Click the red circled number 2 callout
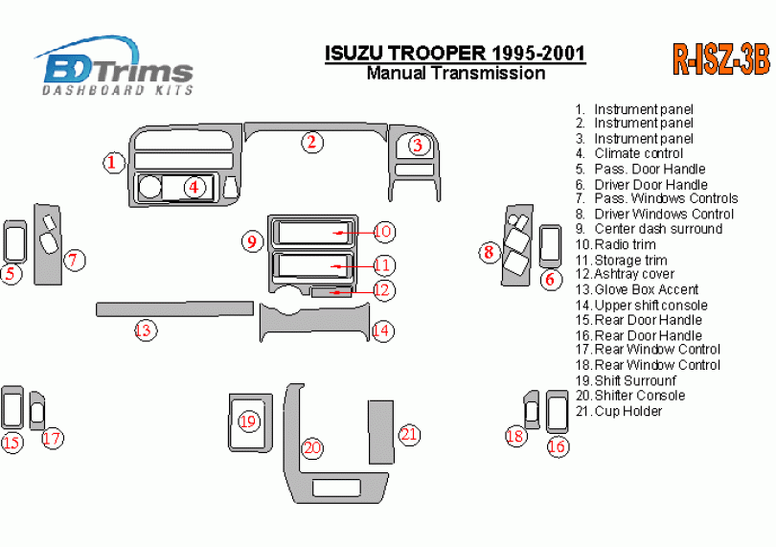(x=311, y=143)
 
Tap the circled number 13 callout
(x=144, y=330)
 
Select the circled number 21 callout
(x=409, y=434)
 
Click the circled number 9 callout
(x=252, y=240)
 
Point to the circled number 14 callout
(x=382, y=330)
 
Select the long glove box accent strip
(x=173, y=308)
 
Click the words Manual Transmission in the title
(x=456, y=73)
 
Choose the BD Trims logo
(x=115, y=67)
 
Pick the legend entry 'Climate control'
(x=638, y=153)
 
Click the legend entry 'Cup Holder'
(x=628, y=411)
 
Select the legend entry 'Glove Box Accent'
(x=646, y=289)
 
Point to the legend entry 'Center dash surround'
(x=657, y=229)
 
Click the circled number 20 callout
(x=312, y=447)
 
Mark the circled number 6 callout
(x=551, y=280)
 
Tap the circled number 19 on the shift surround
(x=249, y=421)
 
